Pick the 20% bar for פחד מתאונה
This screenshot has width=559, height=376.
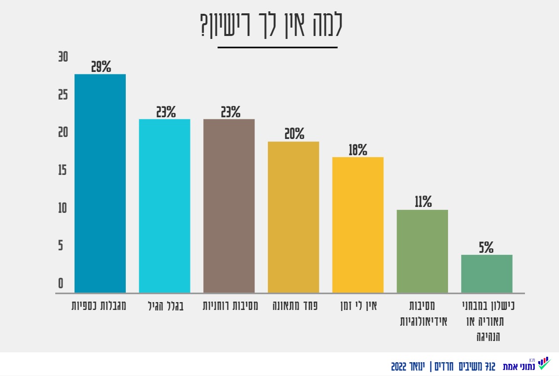pos(294,217)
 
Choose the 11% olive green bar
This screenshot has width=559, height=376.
pos(422,251)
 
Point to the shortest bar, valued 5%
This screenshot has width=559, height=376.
pos(486,274)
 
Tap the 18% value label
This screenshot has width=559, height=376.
pos(358,150)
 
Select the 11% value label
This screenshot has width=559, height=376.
pos(423,202)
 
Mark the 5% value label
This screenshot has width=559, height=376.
pos(486,247)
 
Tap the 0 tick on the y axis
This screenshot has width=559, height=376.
pos(61,283)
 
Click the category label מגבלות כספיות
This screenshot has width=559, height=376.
pos(99,306)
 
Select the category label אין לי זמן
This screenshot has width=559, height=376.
pos(359,306)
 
